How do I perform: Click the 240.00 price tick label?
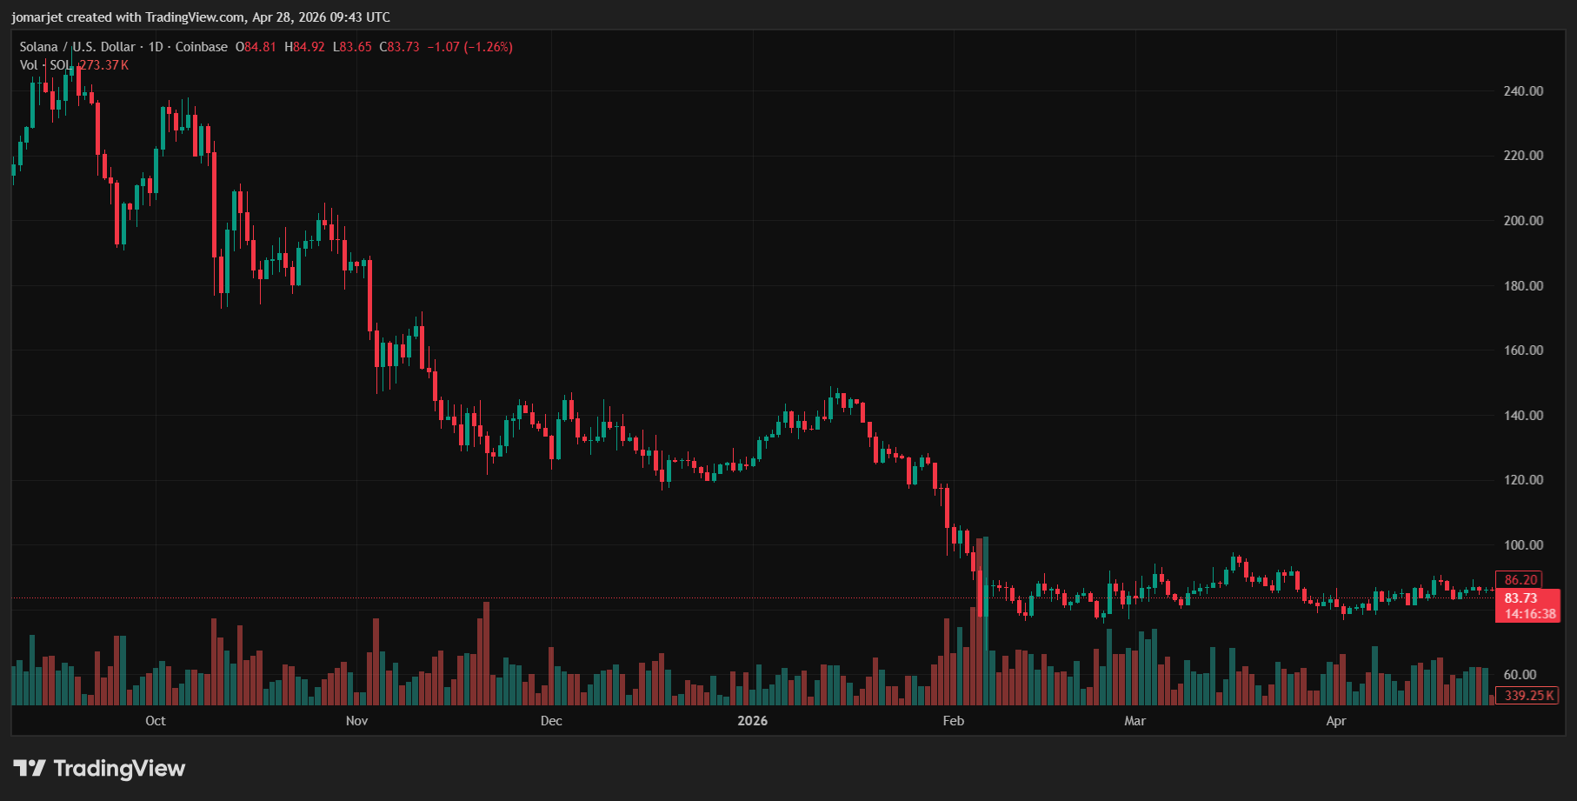[1523, 91]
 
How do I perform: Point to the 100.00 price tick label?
[1523, 545]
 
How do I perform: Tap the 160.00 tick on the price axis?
[1523, 350]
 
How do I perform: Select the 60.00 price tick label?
[1520, 675]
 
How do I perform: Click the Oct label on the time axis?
[156, 721]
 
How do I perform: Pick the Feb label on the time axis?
[954, 721]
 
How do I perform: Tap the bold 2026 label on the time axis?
[752, 721]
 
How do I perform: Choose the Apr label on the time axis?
[1336, 721]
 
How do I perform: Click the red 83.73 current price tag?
[1520, 598]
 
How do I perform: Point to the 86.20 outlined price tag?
[1520, 580]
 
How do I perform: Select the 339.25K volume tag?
[1529, 696]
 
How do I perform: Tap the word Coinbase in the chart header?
[202, 47]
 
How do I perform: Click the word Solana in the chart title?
[39, 47]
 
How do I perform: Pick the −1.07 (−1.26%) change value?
[469, 47]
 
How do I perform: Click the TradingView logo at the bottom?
[100, 769]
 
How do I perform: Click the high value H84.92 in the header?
[304, 47]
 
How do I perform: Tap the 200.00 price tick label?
[1523, 221]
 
